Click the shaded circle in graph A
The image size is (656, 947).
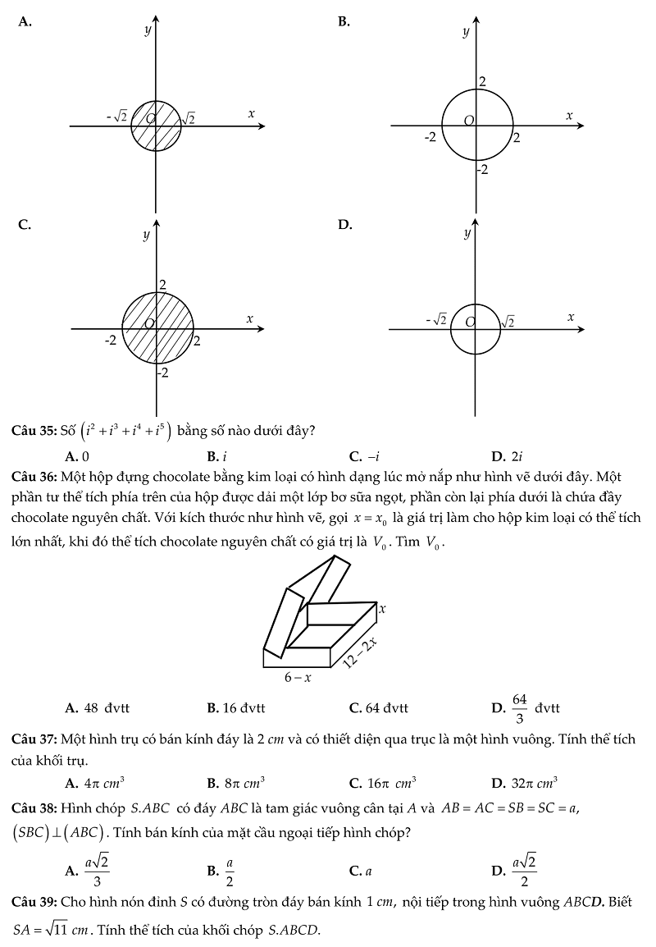click(x=156, y=126)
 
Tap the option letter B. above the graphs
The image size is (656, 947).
click(x=344, y=22)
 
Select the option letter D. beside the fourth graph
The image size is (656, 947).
click(x=344, y=224)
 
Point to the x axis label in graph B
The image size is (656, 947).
click(x=568, y=116)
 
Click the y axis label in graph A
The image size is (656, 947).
click(x=147, y=30)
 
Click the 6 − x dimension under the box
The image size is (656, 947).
click(x=298, y=678)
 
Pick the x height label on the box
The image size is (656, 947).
click(x=382, y=609)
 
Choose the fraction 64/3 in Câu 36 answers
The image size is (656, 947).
click(x=519, y=708)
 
